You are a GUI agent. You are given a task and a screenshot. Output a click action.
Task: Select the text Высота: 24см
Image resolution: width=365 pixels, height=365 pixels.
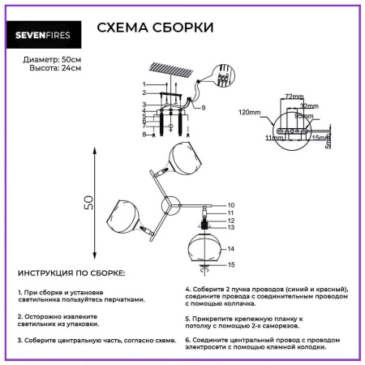pos(41,71)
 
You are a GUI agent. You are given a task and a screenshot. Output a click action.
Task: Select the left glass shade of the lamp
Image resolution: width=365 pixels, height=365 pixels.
pos(124,217)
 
